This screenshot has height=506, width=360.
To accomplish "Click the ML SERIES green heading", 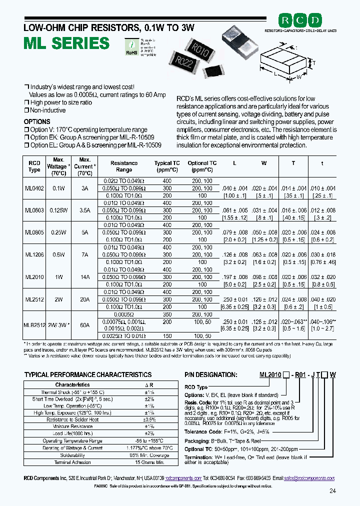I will (x=66, y=43).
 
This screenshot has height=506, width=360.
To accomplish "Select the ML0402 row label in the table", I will (x=34, y=188).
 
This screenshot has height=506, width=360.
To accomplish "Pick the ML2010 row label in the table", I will (x=34, y=276).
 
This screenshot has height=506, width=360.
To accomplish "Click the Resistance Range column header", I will (x=124, y=166).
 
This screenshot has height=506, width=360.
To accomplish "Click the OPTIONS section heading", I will (x=37, y=122).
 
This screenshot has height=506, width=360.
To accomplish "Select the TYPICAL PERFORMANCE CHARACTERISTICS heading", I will (x=87, y=374).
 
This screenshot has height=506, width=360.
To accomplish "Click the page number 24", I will (x=332, y=491).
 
